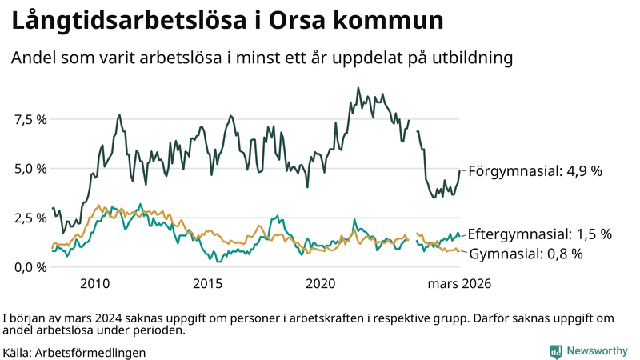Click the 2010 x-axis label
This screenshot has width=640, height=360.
(x=94, y=284)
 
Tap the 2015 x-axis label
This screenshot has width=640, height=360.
(x=207, y=284)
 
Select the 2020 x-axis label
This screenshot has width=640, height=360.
(x=320, y=284)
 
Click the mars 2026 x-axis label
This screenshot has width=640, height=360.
(x=459, y=284)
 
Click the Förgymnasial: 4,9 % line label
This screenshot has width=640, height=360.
(x=534, y=171)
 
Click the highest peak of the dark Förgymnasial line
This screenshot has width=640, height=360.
(x=358, y=88)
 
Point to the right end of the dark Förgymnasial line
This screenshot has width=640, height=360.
(x=460, y=170)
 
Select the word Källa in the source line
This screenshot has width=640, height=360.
(x=18, y=352)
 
